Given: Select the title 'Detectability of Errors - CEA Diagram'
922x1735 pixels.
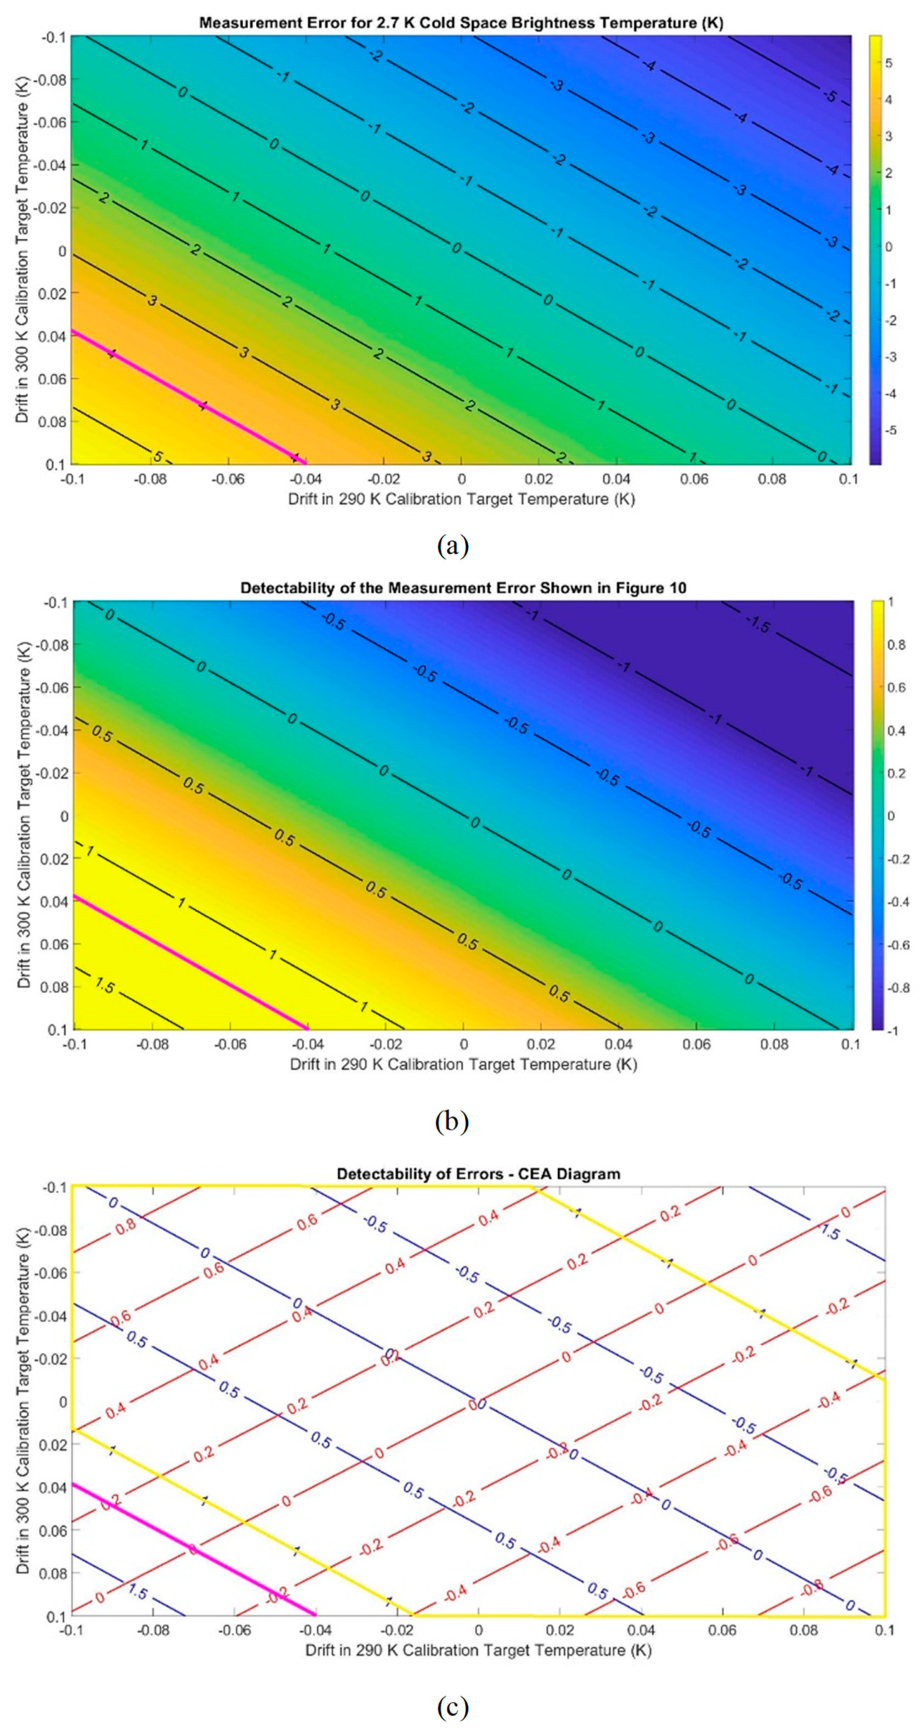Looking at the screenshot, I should click(x=478, y=1173).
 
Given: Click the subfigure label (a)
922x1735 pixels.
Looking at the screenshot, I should click(x=453, y=545).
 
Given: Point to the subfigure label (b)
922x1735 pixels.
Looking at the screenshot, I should click(x=453, y=1122).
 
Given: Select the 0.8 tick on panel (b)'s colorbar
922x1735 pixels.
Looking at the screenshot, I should click(x=897, y=645).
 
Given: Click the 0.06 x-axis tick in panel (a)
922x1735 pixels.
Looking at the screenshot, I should click(x=694, y=479).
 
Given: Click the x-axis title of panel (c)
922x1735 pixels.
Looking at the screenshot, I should click(x=478, y=1651).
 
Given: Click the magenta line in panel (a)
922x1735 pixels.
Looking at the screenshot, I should click(x=189, y=397).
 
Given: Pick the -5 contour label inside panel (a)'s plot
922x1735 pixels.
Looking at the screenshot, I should click(x=830, y=96).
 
